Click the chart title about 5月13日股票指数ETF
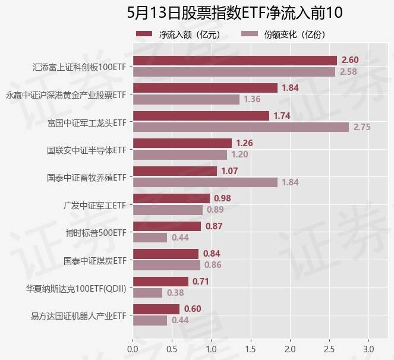coord(235,13)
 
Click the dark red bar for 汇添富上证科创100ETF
coord(235,60)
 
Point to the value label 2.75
coord(362,127)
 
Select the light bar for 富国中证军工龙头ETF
coord(241,127)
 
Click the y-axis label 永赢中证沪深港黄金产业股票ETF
coord(66,94)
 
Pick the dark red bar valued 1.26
coord(182,143)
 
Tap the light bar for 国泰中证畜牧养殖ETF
coord(205,182)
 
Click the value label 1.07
coord(229,171)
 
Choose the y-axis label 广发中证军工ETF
coord(95,205)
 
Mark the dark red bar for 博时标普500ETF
coord(167,226)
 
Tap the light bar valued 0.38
coord(147,293)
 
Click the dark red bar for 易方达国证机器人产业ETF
coord(156,309)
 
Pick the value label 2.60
coord(350,61)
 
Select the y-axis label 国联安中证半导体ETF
coord(87,150)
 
